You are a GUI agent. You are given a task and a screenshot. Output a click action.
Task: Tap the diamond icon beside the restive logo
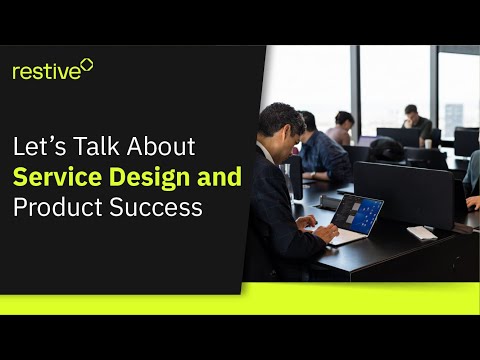[x=86, y=65]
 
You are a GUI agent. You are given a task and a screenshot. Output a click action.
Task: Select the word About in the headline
[x=161, y=147]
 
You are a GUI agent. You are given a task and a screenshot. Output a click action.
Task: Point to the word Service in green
[x=54, y=178]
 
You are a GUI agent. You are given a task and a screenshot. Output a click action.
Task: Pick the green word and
[x=219, y=178]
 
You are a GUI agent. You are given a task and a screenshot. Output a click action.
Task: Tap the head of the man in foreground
[x=280, y=121]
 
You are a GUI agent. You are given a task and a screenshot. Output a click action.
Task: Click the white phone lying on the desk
[x=421, y=232]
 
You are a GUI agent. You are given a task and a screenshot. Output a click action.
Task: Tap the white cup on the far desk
[x=428, y=143]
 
